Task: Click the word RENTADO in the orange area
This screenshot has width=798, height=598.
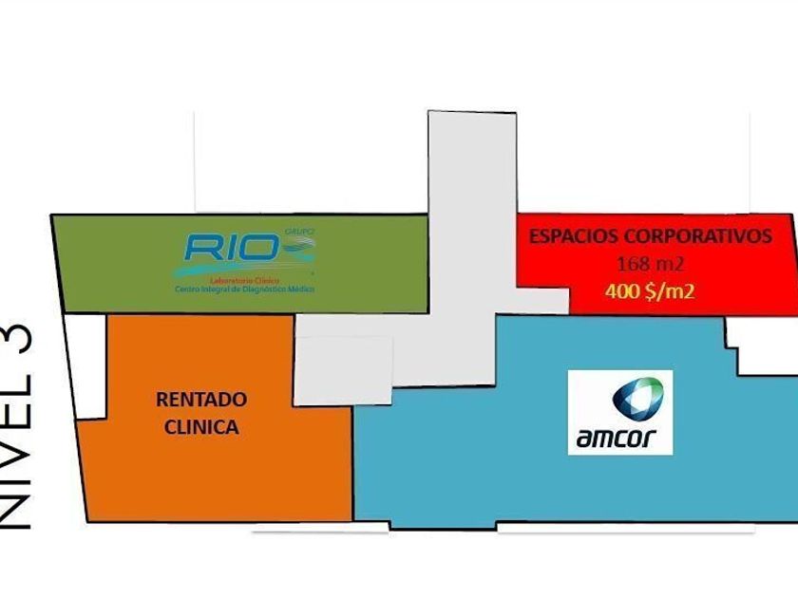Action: [x=201, y=400]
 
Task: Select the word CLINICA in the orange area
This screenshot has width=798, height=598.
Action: [x=201, y=427]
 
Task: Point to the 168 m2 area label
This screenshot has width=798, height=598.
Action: [x=650, y=263]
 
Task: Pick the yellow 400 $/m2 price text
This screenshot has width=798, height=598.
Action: [x=650, y=290]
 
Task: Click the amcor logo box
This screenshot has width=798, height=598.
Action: [x=620, y=412]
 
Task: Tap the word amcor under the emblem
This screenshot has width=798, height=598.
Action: [x=620, y=439]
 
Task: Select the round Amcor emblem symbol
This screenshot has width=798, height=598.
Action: [x=636, y=399]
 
